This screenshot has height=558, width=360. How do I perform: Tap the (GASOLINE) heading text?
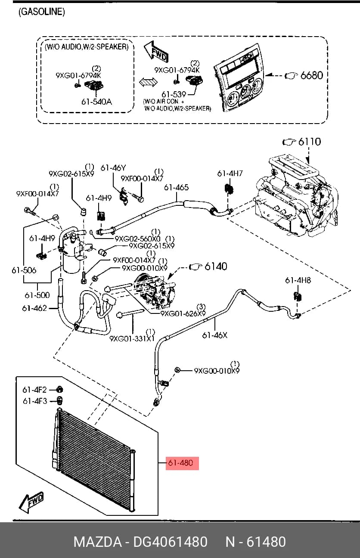42,12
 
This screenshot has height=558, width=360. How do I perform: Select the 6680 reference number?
312,75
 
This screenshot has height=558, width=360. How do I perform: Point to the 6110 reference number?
310,142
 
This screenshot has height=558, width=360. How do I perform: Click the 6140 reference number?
216,266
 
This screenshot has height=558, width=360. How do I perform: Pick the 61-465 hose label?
177,187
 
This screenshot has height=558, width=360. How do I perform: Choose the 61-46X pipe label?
215,335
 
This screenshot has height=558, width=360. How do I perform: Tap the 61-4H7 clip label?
230,174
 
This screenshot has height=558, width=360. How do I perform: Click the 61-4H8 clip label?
298,280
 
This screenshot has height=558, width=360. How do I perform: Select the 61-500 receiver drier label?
37,295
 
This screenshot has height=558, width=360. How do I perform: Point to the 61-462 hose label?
34,308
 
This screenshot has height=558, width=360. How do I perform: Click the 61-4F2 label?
34,390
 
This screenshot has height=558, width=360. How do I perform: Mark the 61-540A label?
96,102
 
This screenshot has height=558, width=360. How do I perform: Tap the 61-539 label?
174,94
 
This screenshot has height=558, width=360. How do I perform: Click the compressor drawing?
155,290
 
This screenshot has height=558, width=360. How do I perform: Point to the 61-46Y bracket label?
113,168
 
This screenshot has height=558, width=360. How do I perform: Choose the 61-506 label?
24,270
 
